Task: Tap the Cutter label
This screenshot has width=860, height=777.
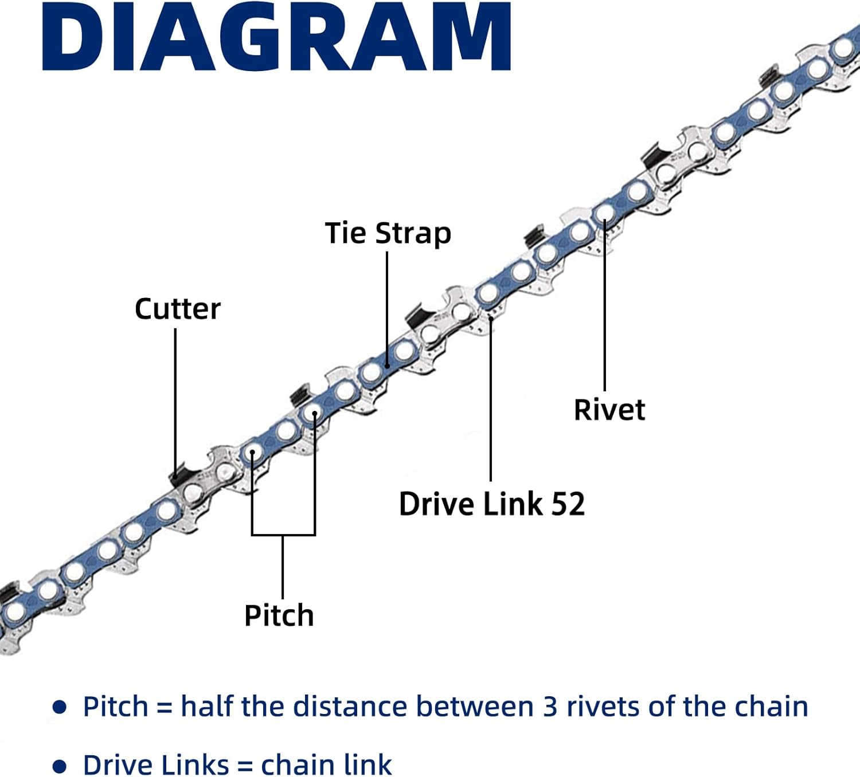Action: coord(177,309)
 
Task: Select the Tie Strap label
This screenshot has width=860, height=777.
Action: coord(388,233)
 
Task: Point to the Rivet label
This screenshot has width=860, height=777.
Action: coord(609,410)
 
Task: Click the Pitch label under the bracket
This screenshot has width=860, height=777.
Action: coord(279,615)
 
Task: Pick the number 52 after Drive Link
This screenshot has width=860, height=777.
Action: coord(568,504)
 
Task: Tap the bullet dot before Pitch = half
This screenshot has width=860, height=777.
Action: coord(59,707)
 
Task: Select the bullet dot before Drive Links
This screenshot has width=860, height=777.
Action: coord(59,766)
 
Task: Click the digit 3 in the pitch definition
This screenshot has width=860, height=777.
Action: coord(550,707)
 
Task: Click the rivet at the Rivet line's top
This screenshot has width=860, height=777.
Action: coord(604,214)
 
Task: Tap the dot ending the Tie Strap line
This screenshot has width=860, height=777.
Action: coord(388,365)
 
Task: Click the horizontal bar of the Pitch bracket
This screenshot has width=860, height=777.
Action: coord(283,535)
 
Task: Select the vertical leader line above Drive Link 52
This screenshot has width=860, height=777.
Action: coord(491,401)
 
